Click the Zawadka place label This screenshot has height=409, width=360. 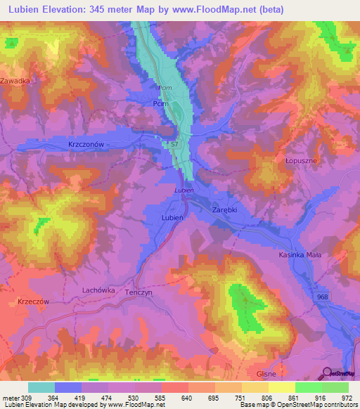tap(15, 81)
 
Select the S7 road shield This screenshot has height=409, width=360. tap(175, 144)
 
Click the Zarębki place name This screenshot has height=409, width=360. tap(226, 209)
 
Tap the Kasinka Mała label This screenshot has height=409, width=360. tap(300, 255)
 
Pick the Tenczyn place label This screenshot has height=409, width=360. tap(139, 296)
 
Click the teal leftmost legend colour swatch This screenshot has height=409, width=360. tap(41, 387)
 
